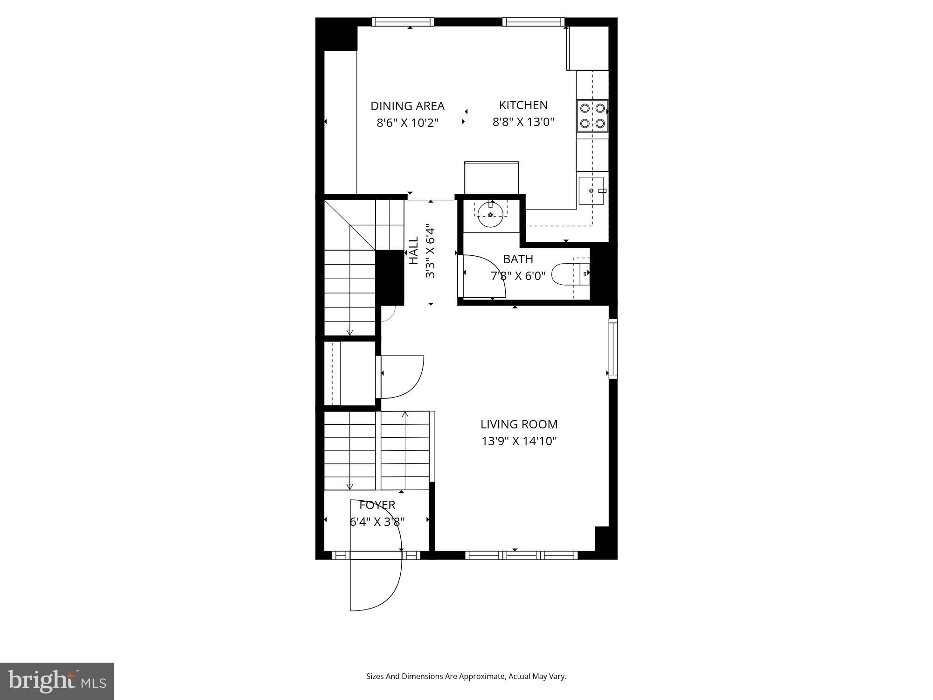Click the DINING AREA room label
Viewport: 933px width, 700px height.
[407, 106]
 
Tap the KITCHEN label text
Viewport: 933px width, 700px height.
[523, 105]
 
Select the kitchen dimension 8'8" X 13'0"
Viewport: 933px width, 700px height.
[523, 122]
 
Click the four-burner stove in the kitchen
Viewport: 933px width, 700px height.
[592, 116]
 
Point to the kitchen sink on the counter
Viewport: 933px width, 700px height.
[591, 190]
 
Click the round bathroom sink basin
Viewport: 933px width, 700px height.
[491, 215]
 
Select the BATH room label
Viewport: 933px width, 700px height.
[518, 259]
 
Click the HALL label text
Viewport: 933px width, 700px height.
[414, 251]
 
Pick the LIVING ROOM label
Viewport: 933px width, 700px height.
[519, 424]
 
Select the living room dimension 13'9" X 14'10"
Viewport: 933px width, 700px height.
[519, 441]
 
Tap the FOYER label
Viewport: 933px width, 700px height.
[377, 505]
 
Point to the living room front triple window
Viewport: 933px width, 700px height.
[522, 555]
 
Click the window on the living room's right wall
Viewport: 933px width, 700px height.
[613, 349]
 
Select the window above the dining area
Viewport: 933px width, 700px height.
[403, 22]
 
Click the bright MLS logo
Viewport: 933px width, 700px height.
[57, 681]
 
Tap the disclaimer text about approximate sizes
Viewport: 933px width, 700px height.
[466, 676]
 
